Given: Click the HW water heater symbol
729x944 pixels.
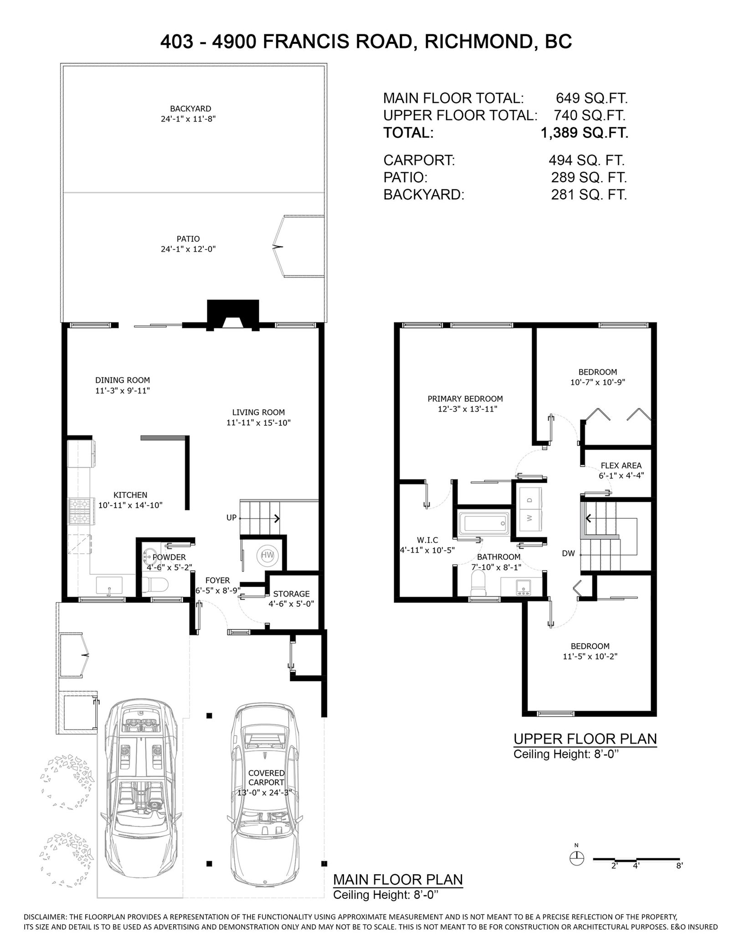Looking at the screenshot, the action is (267, 555).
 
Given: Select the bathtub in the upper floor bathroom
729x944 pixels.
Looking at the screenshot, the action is (483, 523).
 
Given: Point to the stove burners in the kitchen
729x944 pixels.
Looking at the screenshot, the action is (81, 510).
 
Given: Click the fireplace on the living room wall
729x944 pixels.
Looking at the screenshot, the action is (233, 315).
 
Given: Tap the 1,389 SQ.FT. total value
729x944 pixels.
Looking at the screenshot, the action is (584, 133).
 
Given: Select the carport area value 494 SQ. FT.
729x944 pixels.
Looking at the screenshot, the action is (587, 160).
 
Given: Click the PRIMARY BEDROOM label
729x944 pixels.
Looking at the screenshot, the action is (465, 399).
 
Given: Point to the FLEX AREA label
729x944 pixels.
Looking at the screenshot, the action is (621, 466).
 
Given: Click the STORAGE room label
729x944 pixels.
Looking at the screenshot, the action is (291, 594).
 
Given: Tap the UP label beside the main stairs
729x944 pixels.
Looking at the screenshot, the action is (231, 518).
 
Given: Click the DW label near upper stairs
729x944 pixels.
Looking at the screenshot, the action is (569, 553).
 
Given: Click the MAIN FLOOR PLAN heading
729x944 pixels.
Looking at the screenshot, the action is (398, 892).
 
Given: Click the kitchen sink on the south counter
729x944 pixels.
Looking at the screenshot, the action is (109, 586).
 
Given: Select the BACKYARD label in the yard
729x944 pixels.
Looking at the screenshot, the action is (190, 108).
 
